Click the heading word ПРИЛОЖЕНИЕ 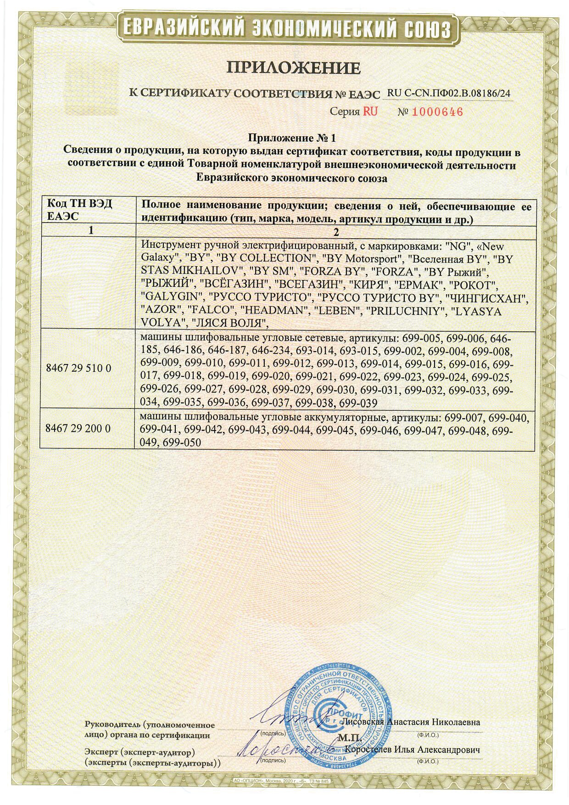coord(294,68)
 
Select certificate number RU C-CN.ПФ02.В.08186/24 coord(449,93)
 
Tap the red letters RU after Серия coord(370,112)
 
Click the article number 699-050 coord(182,442)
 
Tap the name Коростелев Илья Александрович coord(413,750)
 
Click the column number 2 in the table coord(336,232)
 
